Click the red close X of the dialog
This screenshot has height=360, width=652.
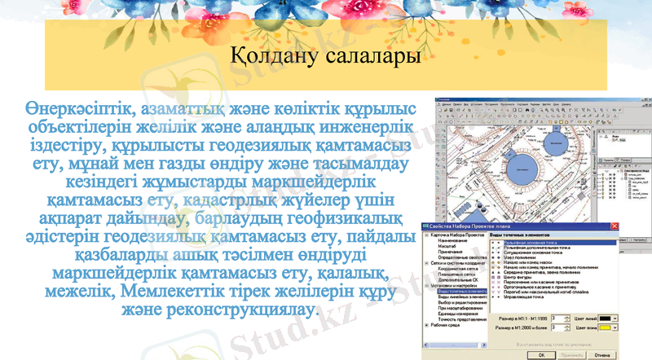tap(613, 226)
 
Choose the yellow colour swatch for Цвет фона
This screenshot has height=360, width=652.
tap(604, 327)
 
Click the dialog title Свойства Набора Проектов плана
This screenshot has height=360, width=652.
tap(467, 226)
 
